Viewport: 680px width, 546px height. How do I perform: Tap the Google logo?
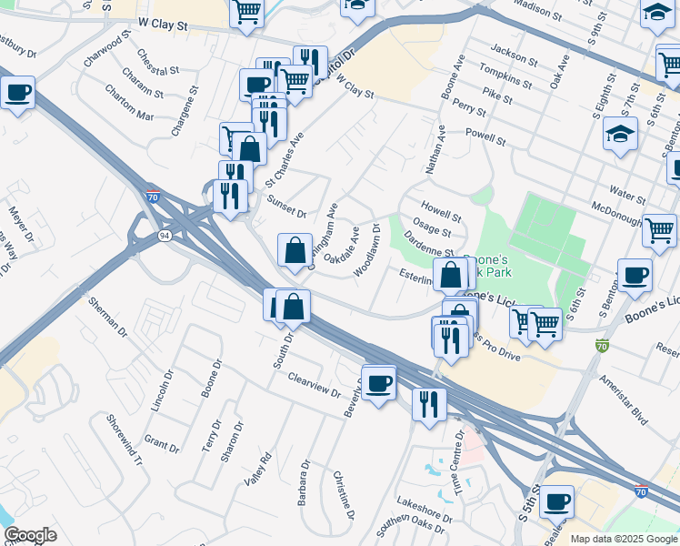click(30, 535)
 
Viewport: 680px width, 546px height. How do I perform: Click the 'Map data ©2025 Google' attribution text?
click(623, 539)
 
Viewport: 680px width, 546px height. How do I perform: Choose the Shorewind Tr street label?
click(125, 440)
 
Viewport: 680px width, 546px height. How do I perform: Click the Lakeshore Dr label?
click(424, 509)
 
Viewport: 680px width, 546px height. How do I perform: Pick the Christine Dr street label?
click(343, 496)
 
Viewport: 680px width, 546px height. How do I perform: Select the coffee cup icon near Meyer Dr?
click(17, 92)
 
